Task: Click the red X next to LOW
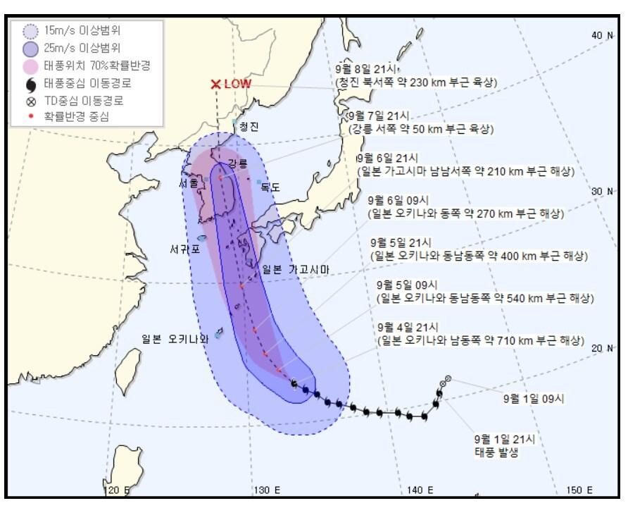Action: point(216,84)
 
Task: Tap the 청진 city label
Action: point(249,127)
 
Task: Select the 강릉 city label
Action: point(238,164)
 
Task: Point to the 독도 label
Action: point(270,187)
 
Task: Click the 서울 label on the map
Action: point(189,182)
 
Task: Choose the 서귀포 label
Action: point(184,249)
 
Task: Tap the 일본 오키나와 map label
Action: point(175,339)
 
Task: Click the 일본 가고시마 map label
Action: point(295,268)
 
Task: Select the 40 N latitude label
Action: point(603,35)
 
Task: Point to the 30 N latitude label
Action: point(603,191)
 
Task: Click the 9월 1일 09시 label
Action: point(533,398)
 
